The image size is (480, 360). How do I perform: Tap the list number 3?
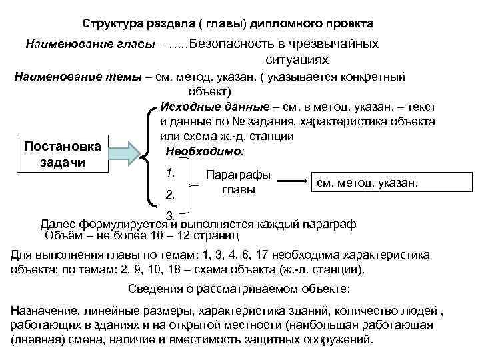point(170,215)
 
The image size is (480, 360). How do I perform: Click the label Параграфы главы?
point(239,181)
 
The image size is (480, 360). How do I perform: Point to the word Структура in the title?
point(111,23)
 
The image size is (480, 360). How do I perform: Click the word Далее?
point(58,224)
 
